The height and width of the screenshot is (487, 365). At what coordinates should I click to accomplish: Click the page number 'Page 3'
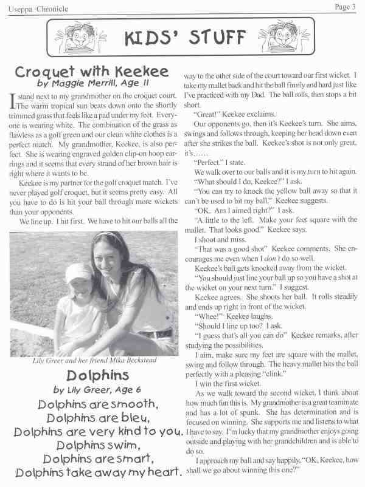point(344,7)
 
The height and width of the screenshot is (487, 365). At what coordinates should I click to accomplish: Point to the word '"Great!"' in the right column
point(209,114)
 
